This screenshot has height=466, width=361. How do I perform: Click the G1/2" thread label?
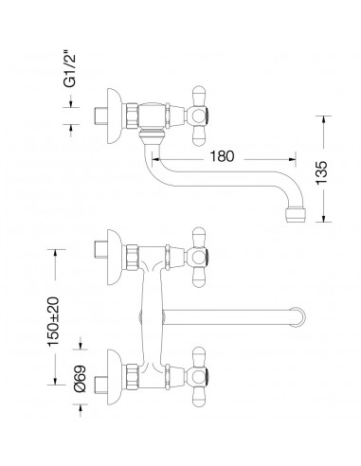[70, 70]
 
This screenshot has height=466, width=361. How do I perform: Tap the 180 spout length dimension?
[222, 156]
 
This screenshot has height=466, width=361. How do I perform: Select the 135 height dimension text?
[322, 173]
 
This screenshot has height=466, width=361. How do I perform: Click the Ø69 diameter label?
[80, 379]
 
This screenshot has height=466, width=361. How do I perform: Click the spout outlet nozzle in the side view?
[296, 215]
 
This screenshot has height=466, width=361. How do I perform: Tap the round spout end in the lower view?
[298, 316]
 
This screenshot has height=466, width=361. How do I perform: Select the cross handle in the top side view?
[198, 116]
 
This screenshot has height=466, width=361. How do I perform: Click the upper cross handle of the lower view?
[198, 258]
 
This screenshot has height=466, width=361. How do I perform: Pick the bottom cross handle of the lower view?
[198, 377]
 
